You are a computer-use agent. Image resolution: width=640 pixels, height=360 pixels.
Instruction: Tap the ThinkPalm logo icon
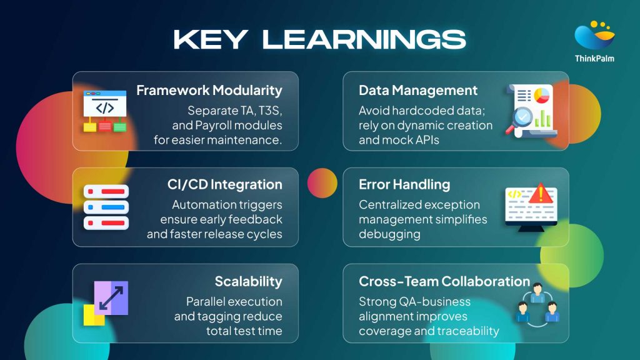click(x=594, y=36)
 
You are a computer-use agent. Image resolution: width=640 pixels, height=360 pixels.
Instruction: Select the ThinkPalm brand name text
click(x=594, y=59)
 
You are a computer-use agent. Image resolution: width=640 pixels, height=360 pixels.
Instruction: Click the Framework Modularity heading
click(x=209, y=91)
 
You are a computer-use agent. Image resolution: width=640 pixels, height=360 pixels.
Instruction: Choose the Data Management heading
click(x=418, y=91)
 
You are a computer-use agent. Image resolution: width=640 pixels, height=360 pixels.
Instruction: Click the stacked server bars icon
click(x=106, y=207)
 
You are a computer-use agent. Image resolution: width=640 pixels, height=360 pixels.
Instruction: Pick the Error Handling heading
click(x=404, y=184)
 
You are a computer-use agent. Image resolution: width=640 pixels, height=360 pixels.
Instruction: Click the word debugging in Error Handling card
click(x=389, y=234)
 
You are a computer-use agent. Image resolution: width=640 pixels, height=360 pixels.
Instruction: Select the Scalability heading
click(x=248, y=281)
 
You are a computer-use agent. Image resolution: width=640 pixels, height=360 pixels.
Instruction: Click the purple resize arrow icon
click(x=111, y=297)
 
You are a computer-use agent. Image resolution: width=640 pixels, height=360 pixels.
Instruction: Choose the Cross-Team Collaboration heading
click(x=444, y=281)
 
